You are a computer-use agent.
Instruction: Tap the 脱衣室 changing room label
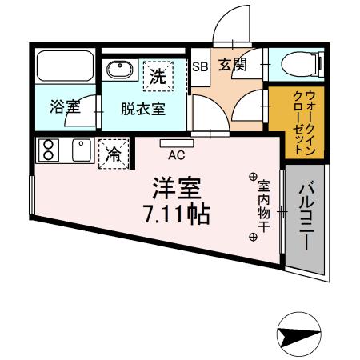pyautogui.click(x=143, y=109)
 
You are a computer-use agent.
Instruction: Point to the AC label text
pyautogui.click(x=177, y=156)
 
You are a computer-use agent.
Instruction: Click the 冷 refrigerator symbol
pyautogui.click(x=114, y=153)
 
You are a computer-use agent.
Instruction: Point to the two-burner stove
pyautogui.click(x=48, y=150)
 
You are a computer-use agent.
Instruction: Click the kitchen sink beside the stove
pyautogui.click(x=81, y=150)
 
